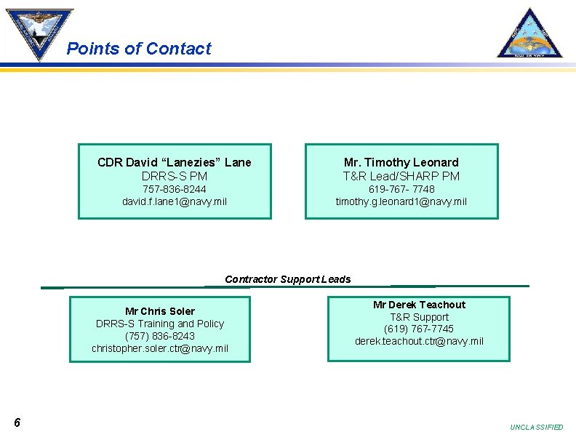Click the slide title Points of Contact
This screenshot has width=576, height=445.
[x=138, y=49]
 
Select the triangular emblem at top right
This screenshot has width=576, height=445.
[x=529, y=33]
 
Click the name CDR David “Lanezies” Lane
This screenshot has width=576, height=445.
[x=175, y=162]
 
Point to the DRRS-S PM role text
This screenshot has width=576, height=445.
[x=175, y=176]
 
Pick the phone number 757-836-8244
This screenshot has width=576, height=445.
[x=175, y=189]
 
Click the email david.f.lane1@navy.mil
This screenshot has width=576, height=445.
[x=175, y=201]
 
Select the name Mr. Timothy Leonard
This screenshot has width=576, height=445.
[x=401, y=162]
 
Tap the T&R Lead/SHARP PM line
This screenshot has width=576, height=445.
[x=401, y=176]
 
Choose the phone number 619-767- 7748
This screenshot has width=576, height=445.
[x=401, y=189]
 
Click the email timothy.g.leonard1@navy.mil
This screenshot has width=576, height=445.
[x=401, y=201]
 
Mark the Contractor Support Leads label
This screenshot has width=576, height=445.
[x=288, y=279]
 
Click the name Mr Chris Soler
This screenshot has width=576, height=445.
[x=160, y=311]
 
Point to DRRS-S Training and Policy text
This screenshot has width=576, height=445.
[x=160, y=324]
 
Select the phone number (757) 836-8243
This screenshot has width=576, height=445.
[x=160, y=336]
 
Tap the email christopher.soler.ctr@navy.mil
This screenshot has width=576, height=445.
[x=160, y=348]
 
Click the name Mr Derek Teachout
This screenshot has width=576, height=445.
[x=419, y=305]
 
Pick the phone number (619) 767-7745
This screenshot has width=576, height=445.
[x=419, y=329]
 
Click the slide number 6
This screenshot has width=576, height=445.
[x=17, y=423]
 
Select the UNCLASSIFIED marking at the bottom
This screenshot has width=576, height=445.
[x=537, y=428]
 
